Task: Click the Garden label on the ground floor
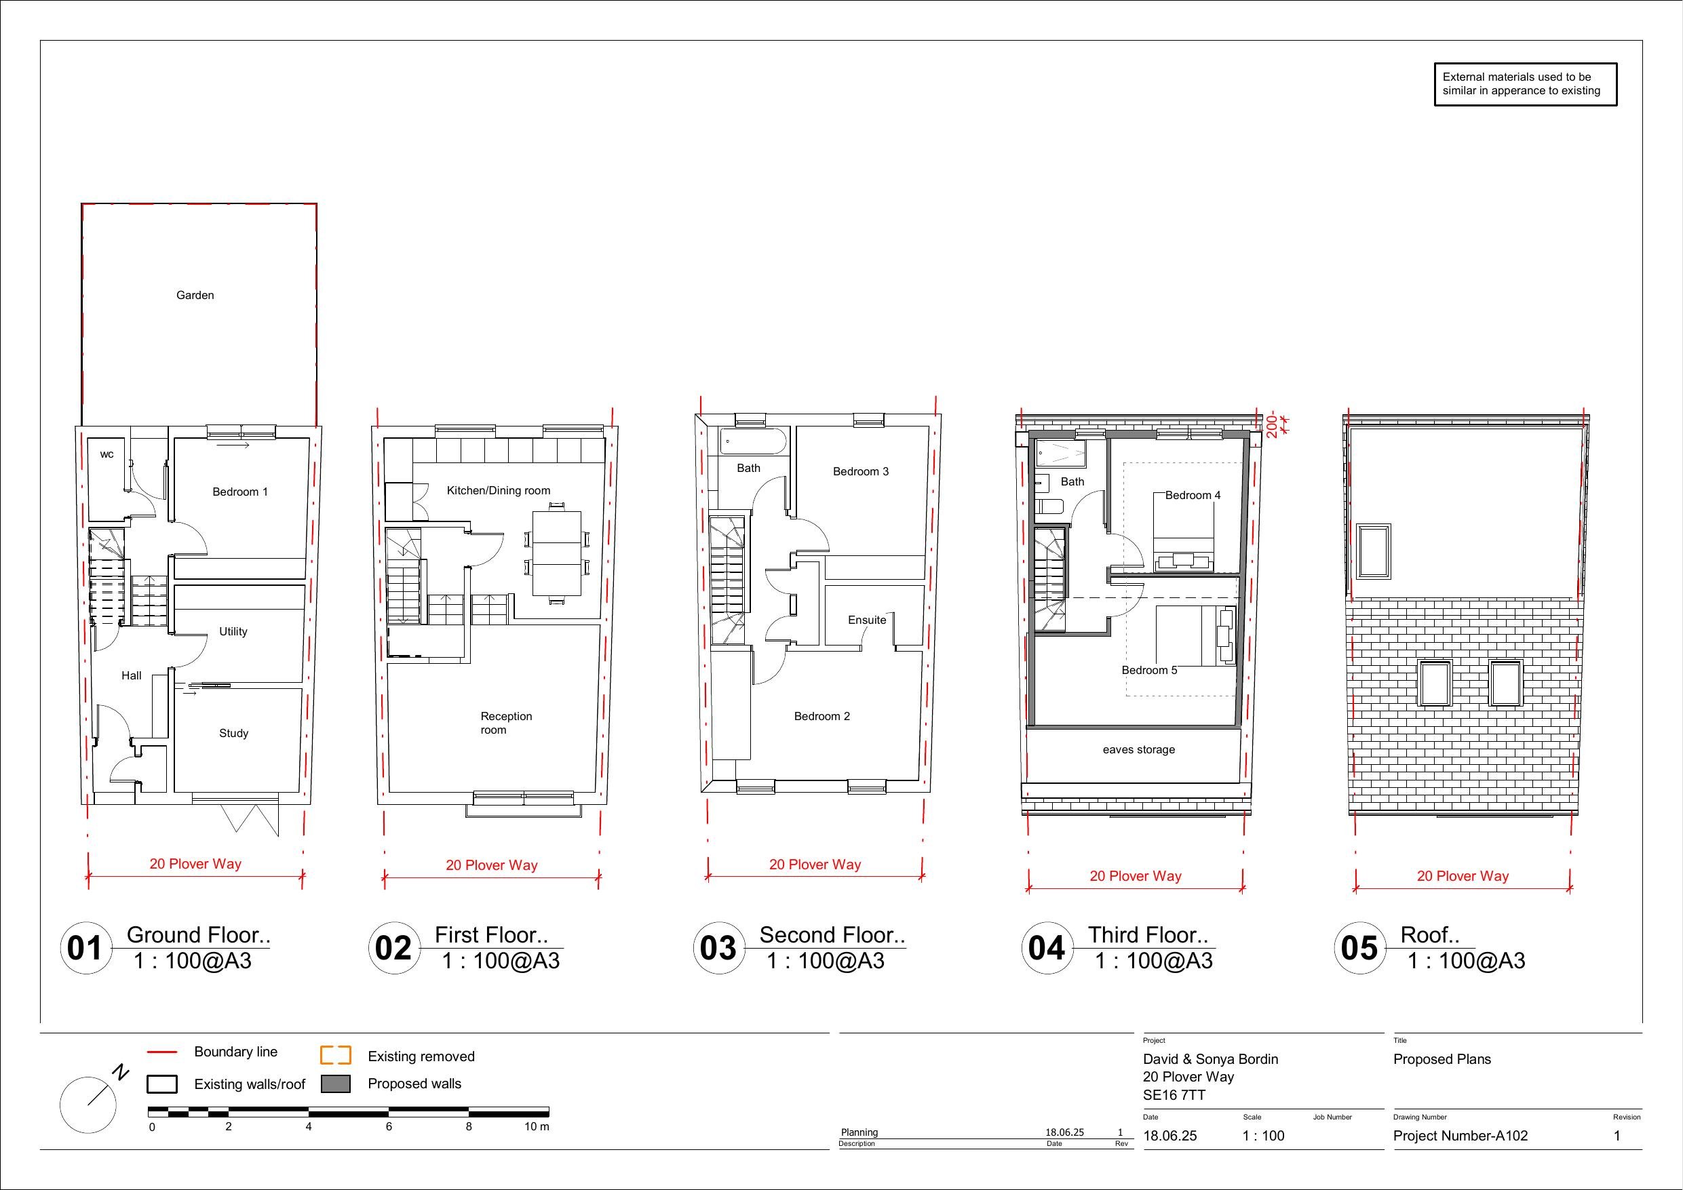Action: pos(195,296)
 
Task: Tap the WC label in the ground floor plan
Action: pos(107,454)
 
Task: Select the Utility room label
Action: pos(233,632)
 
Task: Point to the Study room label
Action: pos(234,734)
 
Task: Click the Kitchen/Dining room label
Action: pos(499,491)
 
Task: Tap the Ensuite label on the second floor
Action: pos(867,620)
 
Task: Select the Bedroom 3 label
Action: pos(861,472)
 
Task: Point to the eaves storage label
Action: pos(1138,750)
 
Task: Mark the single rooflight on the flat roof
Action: pos(1374,552)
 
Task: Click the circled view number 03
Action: pos(718,948)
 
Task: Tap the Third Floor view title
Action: pos(1147,935)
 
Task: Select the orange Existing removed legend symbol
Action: pos(336,1055)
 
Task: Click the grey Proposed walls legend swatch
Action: pos(336,1084)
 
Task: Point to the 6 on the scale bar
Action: pos(389,1127)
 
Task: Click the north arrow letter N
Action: pos(120,1073)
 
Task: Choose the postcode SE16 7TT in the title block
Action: pos(1174,1096)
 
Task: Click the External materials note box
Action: pos(1526,84)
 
